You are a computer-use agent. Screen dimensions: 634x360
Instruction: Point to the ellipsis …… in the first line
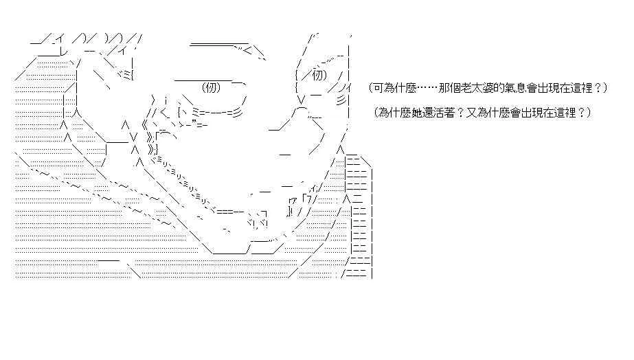point(427,88)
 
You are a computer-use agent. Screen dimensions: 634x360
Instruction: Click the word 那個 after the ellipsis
point(449,88)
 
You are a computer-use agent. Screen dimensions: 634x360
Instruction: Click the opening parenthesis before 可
point(370,88)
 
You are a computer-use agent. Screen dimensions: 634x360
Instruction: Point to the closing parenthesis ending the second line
point(588,113)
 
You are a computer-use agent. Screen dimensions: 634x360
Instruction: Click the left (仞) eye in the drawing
point(211,87)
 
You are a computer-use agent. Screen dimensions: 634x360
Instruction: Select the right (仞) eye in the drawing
point(319,76)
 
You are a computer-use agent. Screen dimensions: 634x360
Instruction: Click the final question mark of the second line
point(582,113)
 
